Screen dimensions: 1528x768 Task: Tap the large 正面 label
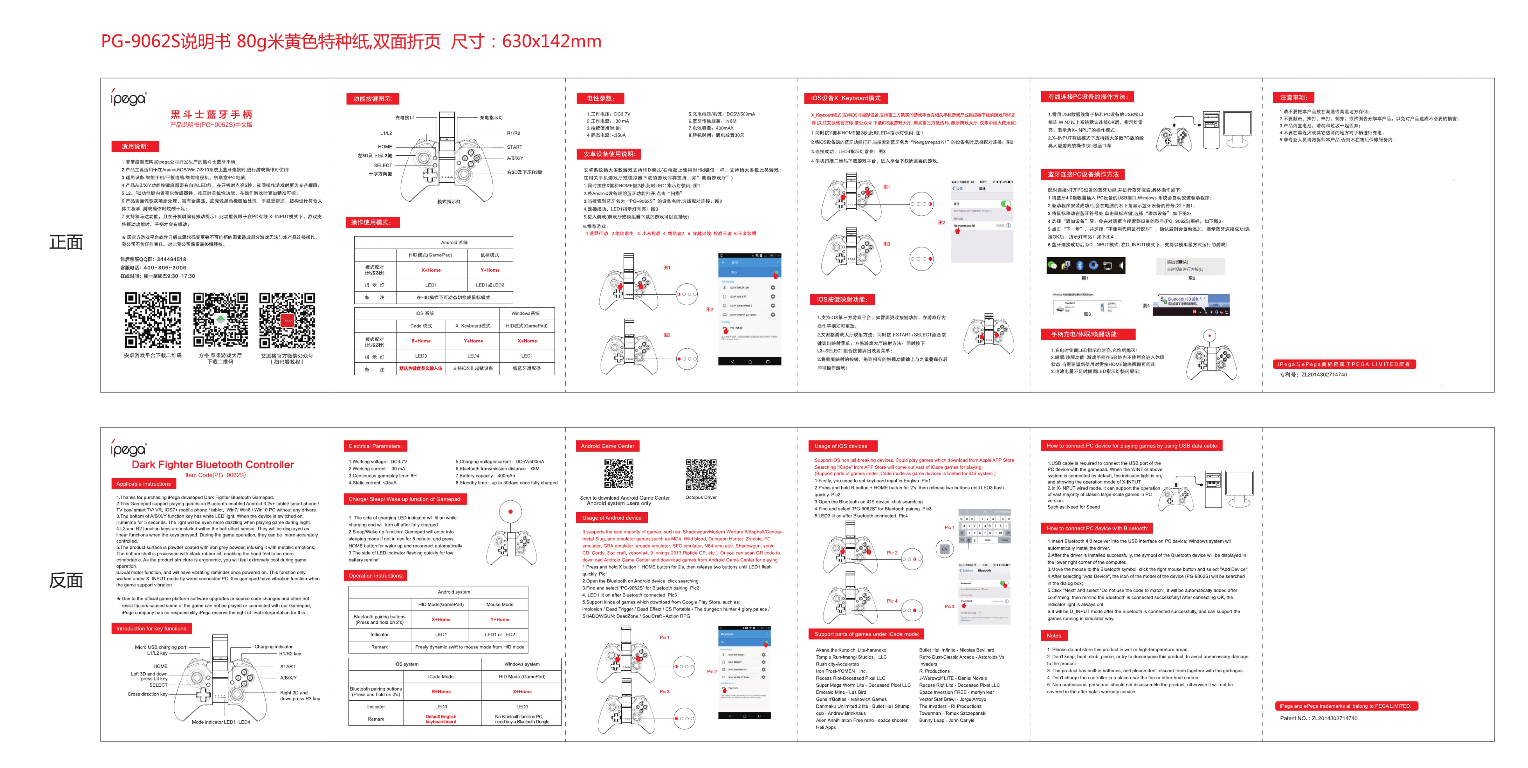pos(66,242)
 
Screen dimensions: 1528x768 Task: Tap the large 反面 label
pos(66,580)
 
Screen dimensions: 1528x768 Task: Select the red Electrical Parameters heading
pos(375,446)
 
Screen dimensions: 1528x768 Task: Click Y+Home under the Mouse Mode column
pos(500,619)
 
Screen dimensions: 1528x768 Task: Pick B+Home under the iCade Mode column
pos(441,692)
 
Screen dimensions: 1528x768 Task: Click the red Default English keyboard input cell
pos(441,719)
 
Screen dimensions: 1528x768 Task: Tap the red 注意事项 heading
pos(1294,97)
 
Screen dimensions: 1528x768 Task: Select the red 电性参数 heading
pos(600,98)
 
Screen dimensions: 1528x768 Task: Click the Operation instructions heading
pos(375,575)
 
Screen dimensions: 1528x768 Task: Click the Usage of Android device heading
pos(612,518)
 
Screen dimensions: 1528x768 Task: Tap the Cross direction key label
pos(147,694)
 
